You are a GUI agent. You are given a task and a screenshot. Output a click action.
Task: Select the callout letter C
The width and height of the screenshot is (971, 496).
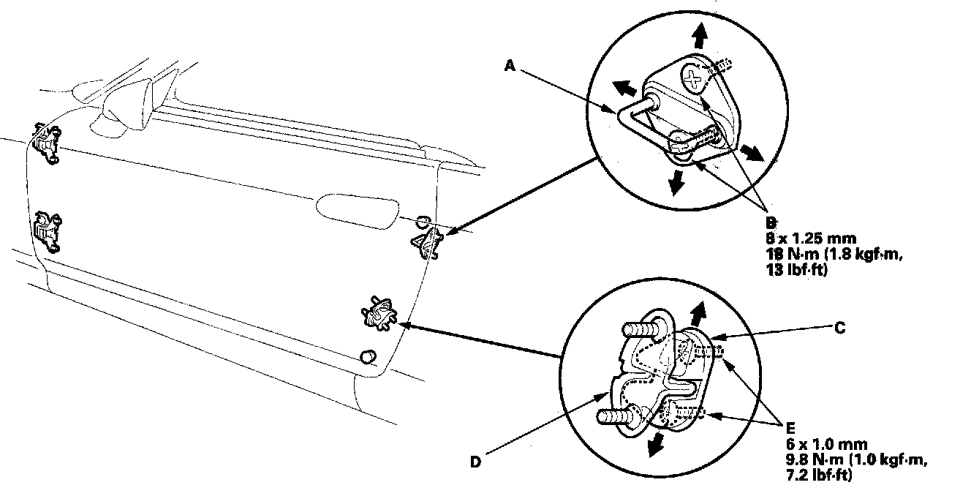(840, 328)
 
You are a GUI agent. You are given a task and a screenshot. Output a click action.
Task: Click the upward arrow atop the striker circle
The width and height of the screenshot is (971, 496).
(700, 34)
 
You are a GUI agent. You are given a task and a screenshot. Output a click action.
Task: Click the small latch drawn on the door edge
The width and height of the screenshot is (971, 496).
(380, 313)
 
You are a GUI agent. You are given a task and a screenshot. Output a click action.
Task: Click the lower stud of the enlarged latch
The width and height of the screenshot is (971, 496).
(615, 418)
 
